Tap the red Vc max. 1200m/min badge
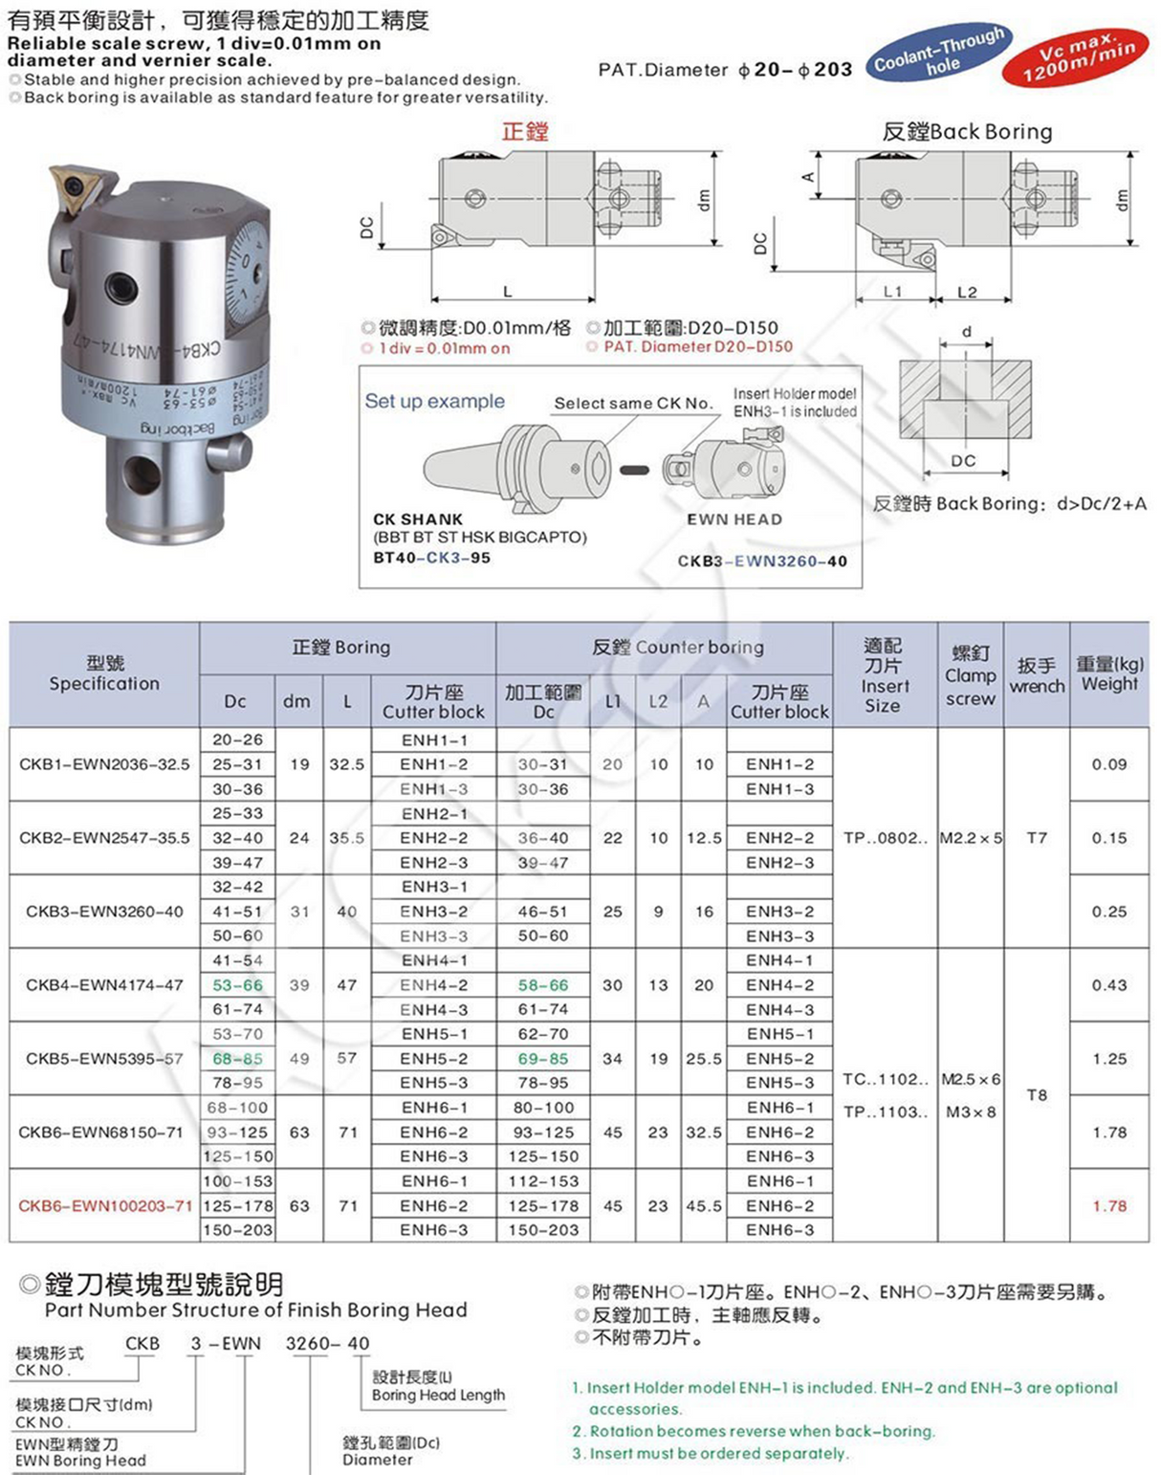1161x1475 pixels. click(1075, 56)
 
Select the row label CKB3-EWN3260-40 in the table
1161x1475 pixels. click(104, 912)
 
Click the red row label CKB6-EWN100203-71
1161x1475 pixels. click(104, 1206)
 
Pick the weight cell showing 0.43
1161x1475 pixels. click(1108, 985)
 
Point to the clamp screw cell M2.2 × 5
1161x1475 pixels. click(971, 838)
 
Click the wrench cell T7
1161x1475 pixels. click(1037, 838)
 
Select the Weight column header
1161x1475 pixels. click(1109, 673)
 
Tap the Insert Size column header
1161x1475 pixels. click(884, 676)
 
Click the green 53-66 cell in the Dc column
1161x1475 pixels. click(236, 985)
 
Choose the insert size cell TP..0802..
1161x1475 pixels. click(885, 838)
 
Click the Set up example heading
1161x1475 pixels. click(434, 402)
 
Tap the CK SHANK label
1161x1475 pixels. click(418, 519)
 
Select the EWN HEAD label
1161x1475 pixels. click(734, 519)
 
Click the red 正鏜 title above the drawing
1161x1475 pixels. click(525, 131)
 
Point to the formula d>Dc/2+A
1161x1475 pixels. click(1101, 504)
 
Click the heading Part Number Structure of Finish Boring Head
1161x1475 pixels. click(255, 1310)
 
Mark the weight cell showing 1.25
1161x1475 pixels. click(1108, 1059)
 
